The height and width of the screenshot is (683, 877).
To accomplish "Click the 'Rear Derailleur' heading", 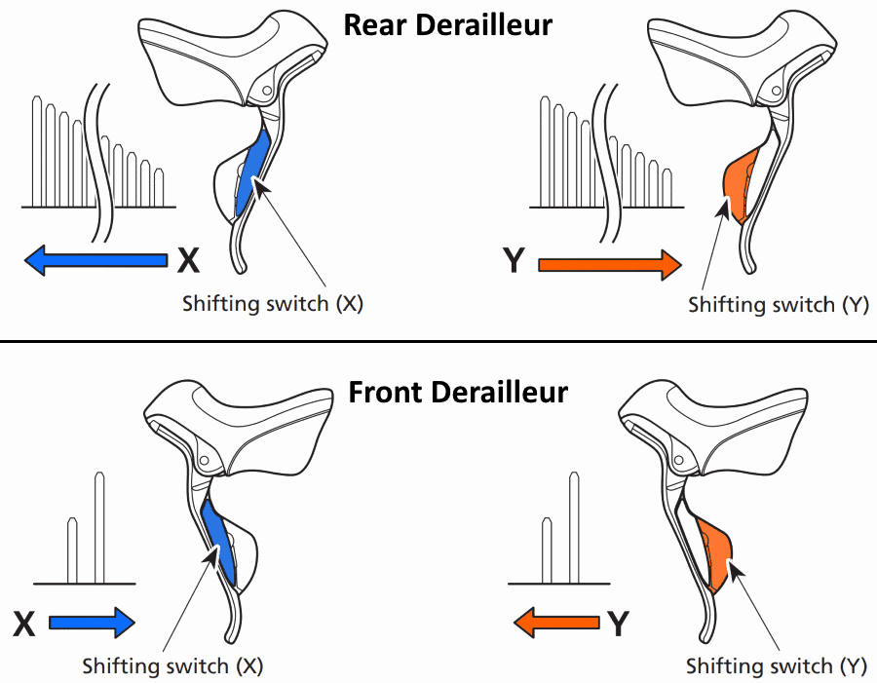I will [447, 24].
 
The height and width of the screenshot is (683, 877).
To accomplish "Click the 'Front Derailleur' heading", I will [458, 393].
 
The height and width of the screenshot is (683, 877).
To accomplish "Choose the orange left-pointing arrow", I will [557, 621].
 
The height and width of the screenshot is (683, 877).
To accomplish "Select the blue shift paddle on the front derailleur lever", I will [218, 541].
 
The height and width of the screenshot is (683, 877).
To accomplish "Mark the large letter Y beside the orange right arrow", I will [514, 261].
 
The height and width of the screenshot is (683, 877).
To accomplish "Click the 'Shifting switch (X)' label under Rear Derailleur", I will [273, 303].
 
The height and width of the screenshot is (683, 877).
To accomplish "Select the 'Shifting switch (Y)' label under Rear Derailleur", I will [778, 304].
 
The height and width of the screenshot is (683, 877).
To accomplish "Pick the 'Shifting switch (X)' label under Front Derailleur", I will [172, 666].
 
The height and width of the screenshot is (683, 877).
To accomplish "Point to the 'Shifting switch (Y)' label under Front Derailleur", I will [776, 666].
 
